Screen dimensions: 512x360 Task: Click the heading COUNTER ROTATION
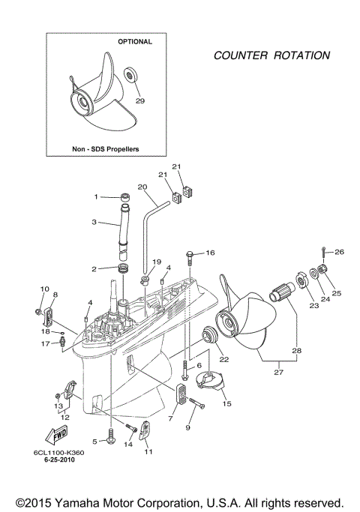click(x=271, y=55)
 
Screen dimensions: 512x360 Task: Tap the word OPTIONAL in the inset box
click(x=135, y=42)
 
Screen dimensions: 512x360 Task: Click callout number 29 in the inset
click(x=139, y=100)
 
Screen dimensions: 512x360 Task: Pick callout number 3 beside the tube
click(x=95, y=222)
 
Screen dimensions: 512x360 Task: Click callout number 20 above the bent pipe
click(x=142, y=187)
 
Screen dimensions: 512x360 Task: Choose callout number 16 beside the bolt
click(x=209, y=253)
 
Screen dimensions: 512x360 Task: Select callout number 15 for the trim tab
click(x=226, y=404)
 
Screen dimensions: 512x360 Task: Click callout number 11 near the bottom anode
click(x=148, y=452)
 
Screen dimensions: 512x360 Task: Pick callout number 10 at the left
click(x=43, y=289)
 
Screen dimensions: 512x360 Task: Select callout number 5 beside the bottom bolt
click(x=94, y=441)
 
